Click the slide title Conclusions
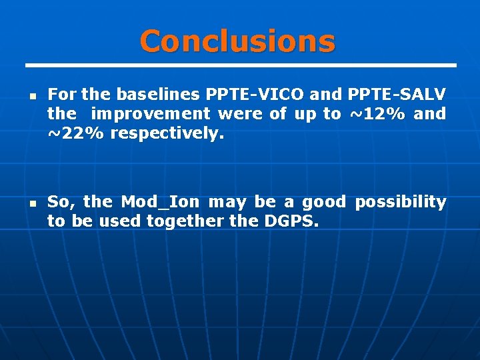[x=237, y=41]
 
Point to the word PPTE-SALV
[x=397, y=94]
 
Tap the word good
[x=324, y=201]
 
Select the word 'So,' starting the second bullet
[x=61, y=201]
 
